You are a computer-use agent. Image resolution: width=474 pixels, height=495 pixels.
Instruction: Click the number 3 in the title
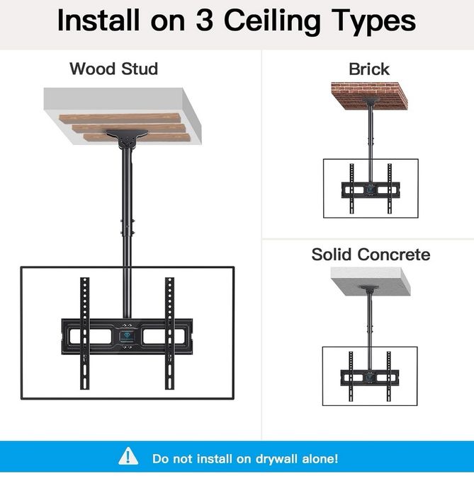click(x=204, y=21)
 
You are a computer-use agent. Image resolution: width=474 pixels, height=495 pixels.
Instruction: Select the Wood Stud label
click(x=114, y=69)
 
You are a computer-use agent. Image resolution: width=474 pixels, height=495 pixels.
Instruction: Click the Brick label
click(x=369, y=69)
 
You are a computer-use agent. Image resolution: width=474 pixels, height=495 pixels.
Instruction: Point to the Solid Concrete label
click(x=371, y=255)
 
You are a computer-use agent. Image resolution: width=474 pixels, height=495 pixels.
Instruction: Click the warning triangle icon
click(x=128, y=456)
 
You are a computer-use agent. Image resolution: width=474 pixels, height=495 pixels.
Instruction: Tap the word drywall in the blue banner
click(x=276, y=459)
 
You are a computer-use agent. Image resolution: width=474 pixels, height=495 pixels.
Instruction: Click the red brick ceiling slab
click(x=369, y=95)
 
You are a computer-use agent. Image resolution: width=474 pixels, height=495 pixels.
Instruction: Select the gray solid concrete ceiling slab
click(x=371, y=281)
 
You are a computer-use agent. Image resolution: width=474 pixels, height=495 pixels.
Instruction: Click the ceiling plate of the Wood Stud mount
click(x=127, y=138)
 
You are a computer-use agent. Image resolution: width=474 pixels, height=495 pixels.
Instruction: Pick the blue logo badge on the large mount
click(x=127, y=336)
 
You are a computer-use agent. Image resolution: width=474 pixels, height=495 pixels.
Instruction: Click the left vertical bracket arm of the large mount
click(x=85, y=333)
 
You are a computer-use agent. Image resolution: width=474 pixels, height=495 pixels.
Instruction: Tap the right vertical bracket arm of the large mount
click(x=169, y=333)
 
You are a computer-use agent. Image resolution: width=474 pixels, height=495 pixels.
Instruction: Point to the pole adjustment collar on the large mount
click(x=127, y=227)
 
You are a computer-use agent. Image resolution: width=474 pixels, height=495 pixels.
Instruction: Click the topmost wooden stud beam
click(x=120, y=118)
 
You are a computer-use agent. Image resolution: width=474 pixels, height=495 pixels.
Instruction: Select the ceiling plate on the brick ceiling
click(x=371, y=102)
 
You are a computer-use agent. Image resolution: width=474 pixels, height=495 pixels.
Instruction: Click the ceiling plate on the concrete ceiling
click(x=370, y=289)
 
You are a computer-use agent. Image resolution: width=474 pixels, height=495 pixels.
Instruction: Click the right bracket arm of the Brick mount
click(x=390, y=189)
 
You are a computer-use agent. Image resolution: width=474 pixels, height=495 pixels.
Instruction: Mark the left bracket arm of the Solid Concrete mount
click(x=351, y=376)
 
